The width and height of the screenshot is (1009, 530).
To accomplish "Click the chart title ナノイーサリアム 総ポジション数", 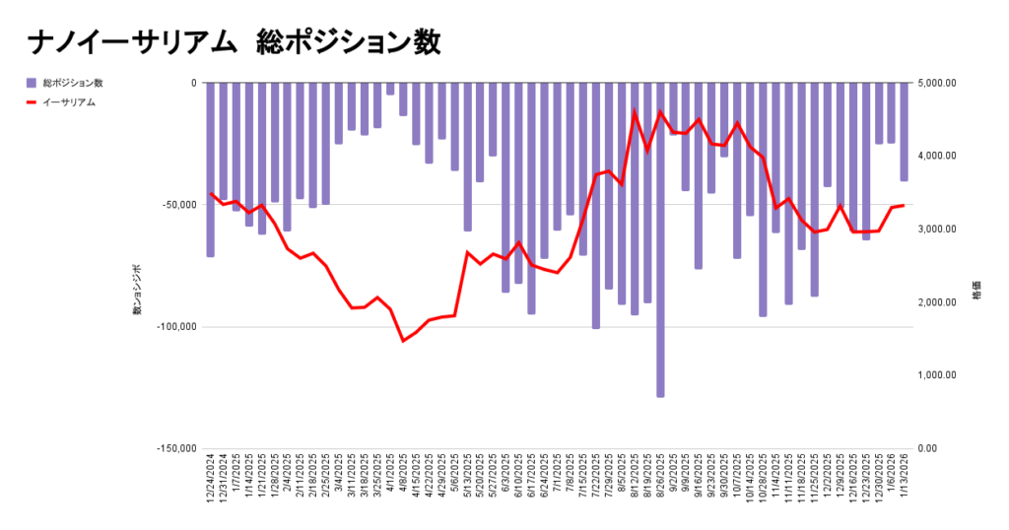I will [x=234, y=43].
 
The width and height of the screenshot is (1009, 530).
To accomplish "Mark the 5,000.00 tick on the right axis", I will [x=936, y=83].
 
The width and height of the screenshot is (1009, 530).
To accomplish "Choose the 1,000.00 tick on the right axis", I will [x=936, y=375].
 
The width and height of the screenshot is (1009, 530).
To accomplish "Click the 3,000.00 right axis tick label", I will [x=936, y=230].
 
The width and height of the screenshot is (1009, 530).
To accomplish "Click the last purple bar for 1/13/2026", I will [x=904, y=132].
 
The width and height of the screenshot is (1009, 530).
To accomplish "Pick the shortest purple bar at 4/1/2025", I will [x=390, y=89].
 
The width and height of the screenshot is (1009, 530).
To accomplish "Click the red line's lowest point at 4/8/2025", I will [x=403, y=341].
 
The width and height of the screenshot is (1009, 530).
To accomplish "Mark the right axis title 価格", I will [x=975, y=295].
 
